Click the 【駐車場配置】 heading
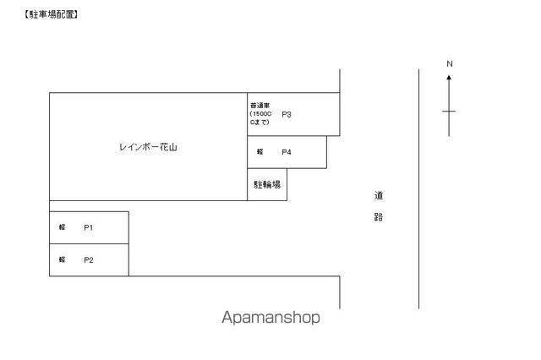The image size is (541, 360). click(52, 14)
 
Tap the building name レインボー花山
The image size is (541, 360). click(149, 147)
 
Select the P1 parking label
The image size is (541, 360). click(88, 227)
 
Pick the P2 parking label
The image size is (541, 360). click(88, 259)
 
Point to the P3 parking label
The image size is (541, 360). click(287, 114)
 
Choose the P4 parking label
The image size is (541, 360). click(287, 152)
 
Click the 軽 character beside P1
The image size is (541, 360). click(63, 227)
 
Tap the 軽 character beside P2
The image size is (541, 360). click(63, 259)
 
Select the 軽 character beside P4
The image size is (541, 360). click(260, 152)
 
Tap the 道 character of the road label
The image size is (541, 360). click(379, 195)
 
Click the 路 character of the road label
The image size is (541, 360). click(379, 216)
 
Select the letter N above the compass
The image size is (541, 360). click(450, 64)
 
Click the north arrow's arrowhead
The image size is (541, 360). click(449, 77)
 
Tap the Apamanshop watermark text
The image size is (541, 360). click(270, 319)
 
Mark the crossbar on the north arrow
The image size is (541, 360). click(449, 111)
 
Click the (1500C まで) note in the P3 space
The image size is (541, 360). click(260, 118)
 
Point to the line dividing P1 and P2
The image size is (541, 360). click(89, 243)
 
